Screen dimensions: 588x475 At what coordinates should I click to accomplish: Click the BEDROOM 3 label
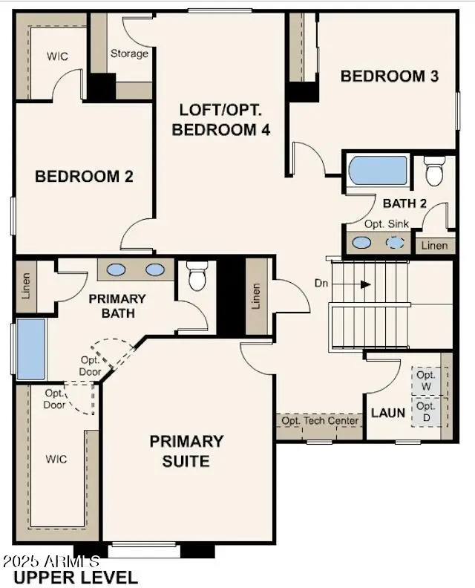[390, 76]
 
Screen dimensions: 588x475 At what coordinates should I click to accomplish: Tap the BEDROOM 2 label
[84, 177]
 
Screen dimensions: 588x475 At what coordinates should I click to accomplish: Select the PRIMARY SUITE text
[186, 451]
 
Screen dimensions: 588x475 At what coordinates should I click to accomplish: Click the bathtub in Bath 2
[379, 171]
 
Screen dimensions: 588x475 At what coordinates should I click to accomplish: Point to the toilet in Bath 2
[433, 172]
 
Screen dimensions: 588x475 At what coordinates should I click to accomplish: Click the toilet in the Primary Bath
[197, 275]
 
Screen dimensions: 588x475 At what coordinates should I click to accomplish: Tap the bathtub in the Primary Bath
[31, 349]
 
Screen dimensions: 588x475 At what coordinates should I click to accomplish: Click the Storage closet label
[129, 53]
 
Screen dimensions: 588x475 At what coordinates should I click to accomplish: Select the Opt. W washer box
[425, 382]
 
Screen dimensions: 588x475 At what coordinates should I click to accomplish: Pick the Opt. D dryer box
[425, 412]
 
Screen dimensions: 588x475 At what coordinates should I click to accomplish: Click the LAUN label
[388, 412]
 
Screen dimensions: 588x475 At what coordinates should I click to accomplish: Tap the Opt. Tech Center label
[320, 421]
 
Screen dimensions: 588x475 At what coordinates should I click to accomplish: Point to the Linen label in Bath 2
[434, 245]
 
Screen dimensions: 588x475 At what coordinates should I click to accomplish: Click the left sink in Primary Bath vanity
[117, 269]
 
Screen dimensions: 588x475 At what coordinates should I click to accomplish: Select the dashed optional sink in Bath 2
[396, 242]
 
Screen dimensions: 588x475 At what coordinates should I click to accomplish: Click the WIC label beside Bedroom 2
[57, 56]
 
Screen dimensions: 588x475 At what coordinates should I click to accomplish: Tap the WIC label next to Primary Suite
[56, 459]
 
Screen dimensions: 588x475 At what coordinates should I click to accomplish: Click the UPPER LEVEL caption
[75, 577]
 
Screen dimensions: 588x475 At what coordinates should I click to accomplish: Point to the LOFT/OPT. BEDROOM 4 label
[220, 119]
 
